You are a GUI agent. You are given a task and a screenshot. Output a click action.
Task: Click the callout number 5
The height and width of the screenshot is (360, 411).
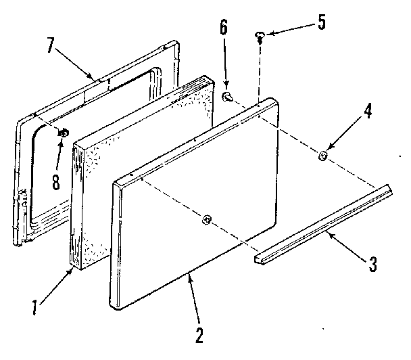pos(320,22)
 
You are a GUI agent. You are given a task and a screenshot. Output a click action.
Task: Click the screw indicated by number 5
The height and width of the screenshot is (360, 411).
pos(260,35)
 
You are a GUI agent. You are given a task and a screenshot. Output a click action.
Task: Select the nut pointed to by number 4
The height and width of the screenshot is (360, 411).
pos(323,156)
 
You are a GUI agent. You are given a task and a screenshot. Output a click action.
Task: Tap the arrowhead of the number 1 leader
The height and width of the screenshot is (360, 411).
pos(72,270)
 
